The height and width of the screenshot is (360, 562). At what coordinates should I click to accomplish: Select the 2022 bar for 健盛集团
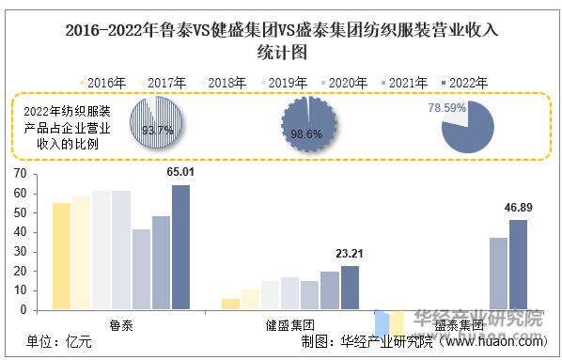[x=350, y=288]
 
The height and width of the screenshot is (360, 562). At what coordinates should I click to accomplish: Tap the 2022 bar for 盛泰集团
[x=518, y=265]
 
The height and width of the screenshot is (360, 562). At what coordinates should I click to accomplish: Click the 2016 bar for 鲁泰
[x=61, y=256]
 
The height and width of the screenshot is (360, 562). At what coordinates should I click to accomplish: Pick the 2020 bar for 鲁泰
[x=141, y=269]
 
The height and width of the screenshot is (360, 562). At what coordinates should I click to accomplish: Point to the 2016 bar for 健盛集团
[x=230, y=304]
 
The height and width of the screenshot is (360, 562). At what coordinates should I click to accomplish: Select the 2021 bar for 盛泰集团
[x=498, y=274]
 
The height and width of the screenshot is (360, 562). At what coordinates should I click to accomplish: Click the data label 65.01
[x=180, y=172]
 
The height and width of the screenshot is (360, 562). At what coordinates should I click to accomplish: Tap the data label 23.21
[x=350, y=254]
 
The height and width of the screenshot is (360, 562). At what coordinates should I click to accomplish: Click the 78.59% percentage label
[x=448, y=109]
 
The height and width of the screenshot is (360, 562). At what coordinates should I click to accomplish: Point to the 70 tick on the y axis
[x=19, y=174]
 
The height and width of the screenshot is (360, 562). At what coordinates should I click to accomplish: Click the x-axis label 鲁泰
[x=120, y=323]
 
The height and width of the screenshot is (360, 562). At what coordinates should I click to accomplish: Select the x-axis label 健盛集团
[x=289, y=323]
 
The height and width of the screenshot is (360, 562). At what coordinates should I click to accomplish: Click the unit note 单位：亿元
[x=58, y=343]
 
